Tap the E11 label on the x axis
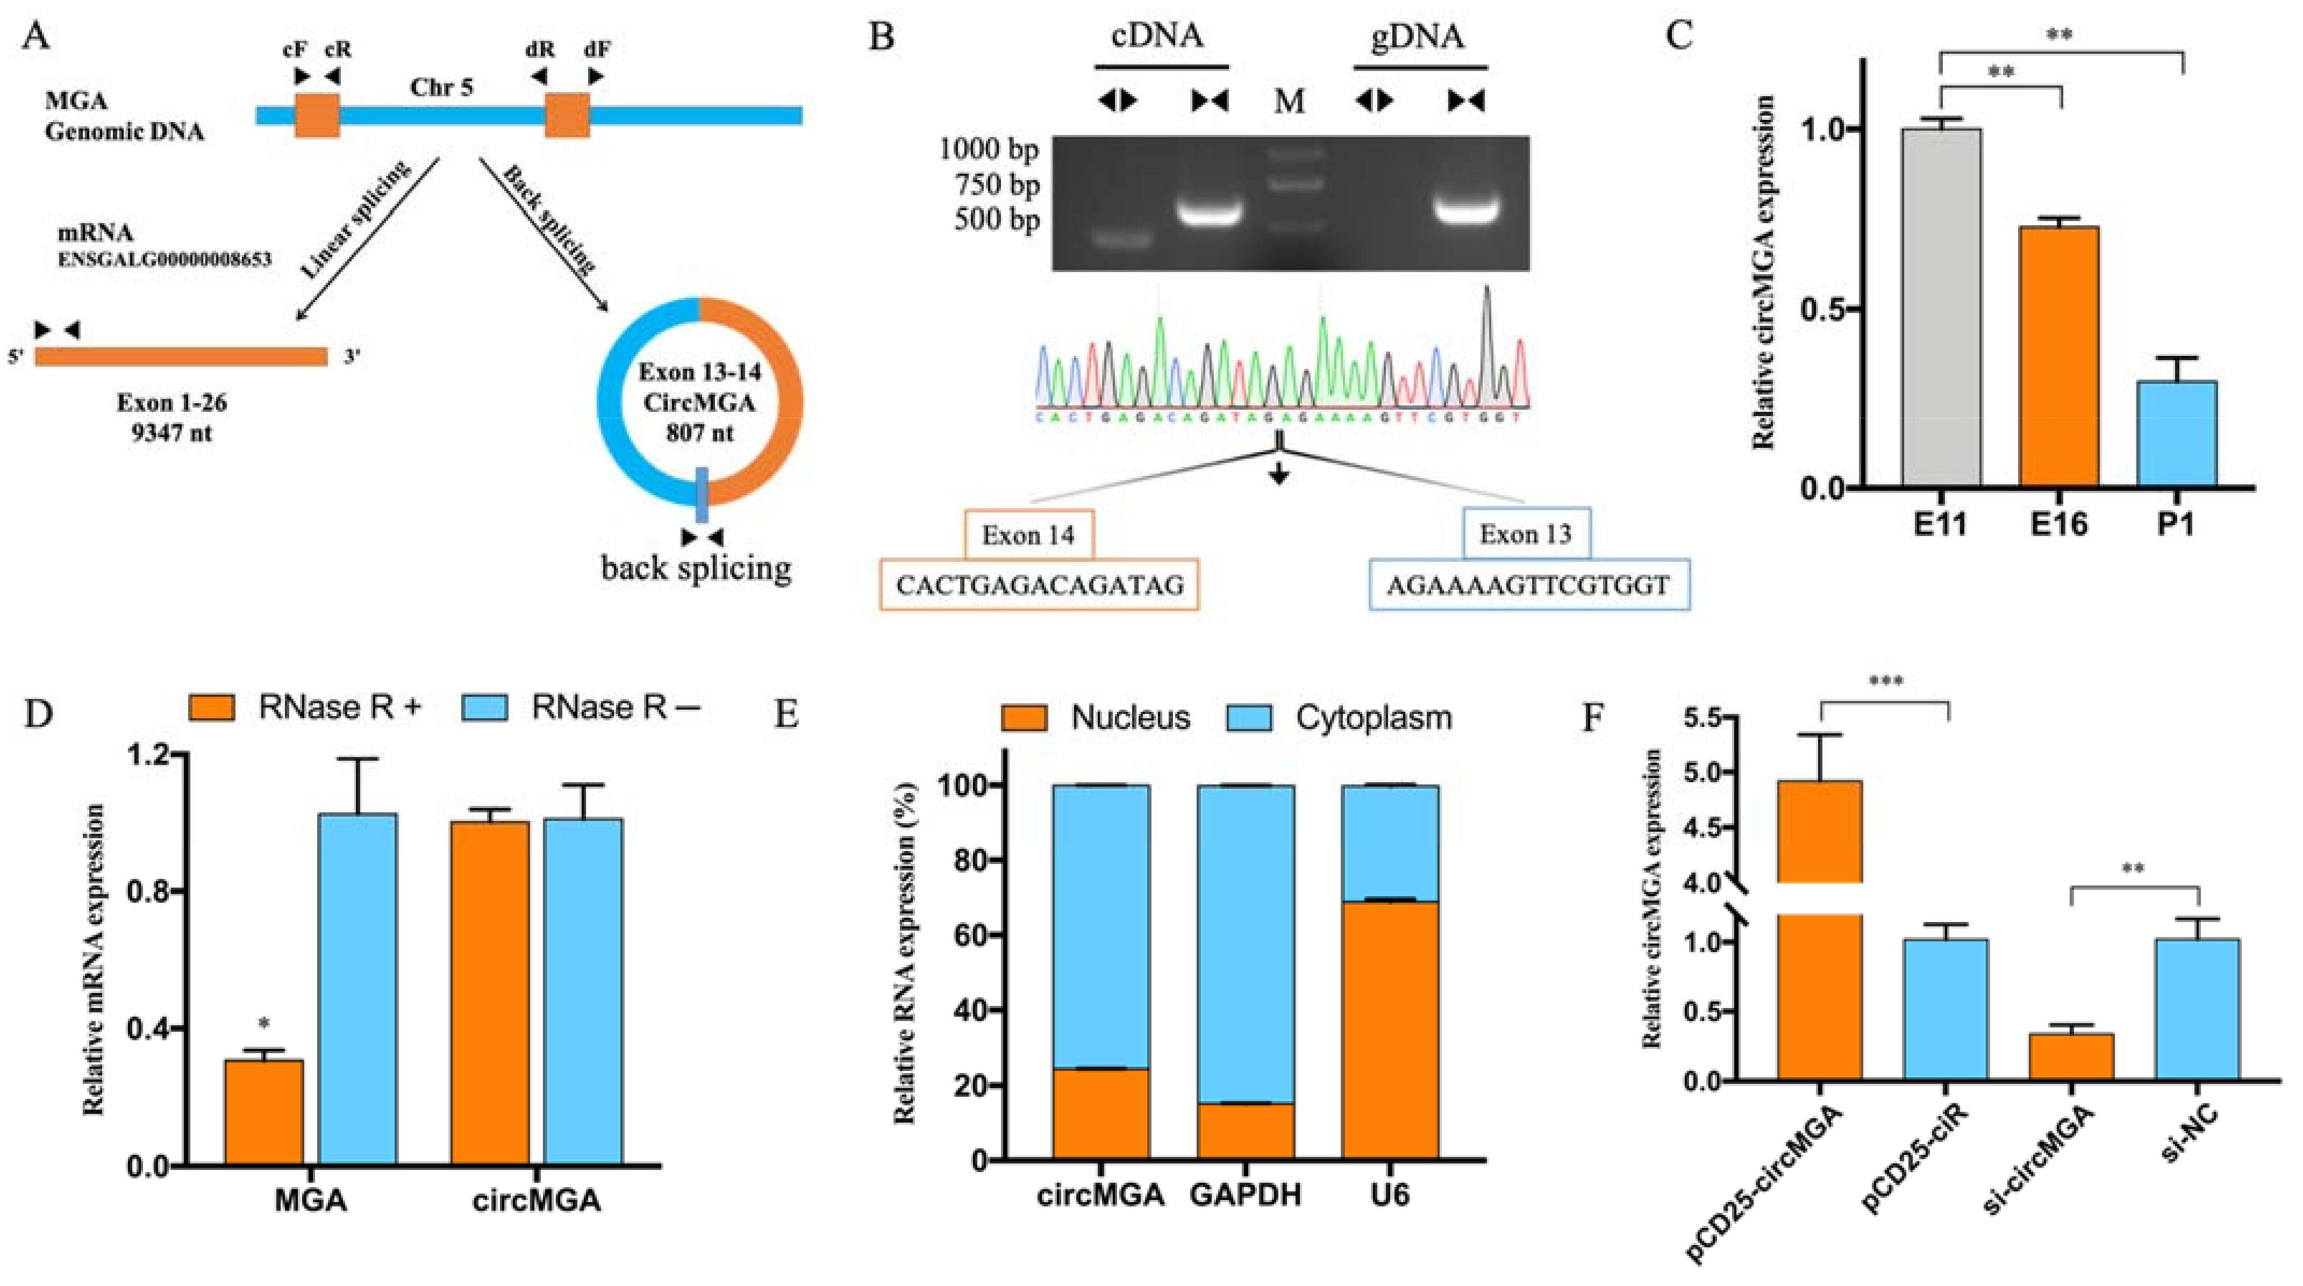(1940, 524)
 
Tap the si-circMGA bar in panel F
(2071, 1056)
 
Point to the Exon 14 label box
(1027, 535)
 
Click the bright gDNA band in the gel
(1465, 211)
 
